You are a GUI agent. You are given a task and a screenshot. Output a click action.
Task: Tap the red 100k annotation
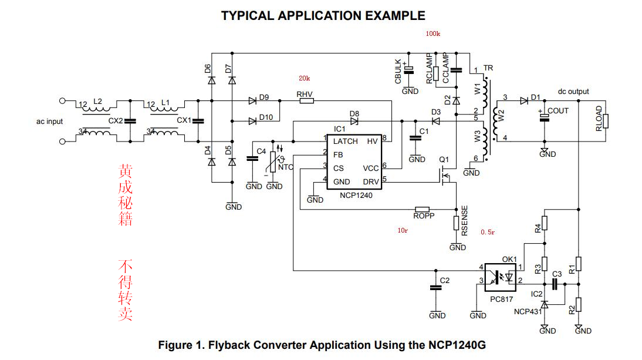tap(433, 34)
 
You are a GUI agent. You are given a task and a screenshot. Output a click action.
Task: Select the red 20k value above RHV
tap(304, 79)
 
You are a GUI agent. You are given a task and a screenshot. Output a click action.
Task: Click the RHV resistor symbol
tap(306, 101)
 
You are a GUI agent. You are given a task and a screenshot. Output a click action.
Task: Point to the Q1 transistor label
tap(444, 159)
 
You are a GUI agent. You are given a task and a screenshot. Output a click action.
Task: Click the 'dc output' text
tap(573, 92)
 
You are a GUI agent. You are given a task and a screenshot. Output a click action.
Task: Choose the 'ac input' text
tap(49, 122)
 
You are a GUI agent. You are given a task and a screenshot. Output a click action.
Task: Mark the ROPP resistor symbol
tap(422, 209)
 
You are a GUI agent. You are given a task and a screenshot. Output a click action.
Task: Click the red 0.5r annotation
tap(488, 233)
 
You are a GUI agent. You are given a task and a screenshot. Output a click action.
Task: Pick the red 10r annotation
tap(403, 230)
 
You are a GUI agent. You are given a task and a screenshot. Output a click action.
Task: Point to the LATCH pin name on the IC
tap(345, 142)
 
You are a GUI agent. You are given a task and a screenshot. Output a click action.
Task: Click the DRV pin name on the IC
tap(371, 182)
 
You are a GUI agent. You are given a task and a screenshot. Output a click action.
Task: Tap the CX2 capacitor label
tap(116, 121)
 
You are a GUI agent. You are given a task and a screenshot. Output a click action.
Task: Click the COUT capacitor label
tap(558, 110)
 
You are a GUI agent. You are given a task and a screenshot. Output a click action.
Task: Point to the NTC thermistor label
tap(285, 167)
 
